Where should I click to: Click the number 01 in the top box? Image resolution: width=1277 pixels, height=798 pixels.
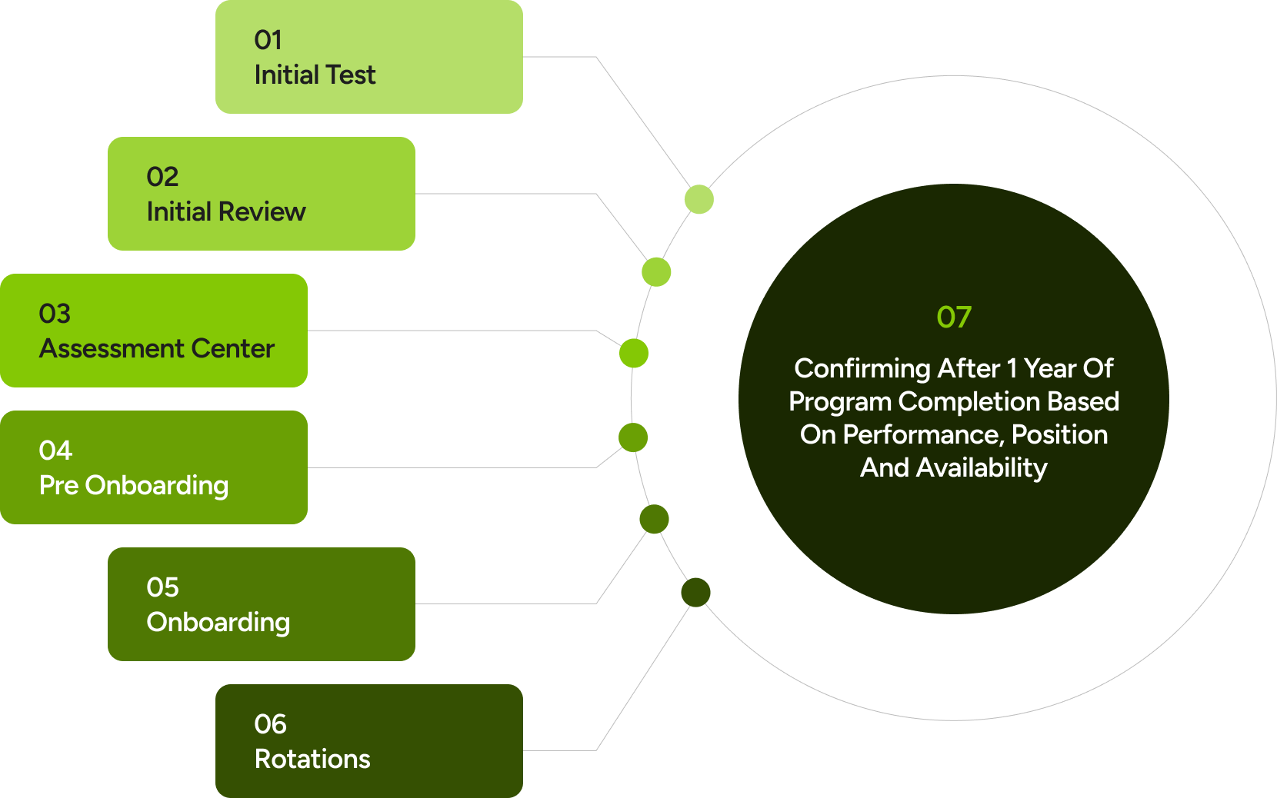pyautogui.click(x=268, y=40)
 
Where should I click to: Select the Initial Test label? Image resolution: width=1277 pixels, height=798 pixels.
pyautogui.click(x=315, y=75)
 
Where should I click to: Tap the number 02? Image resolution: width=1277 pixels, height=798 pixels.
pyautogui.click(x=162, y=177)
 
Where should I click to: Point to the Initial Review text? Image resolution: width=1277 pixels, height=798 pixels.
pyautogui.click(x=226, y=212)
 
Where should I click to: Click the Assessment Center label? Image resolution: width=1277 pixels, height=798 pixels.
pyautogui.click(x=157, y=349)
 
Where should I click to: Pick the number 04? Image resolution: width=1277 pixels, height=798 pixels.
pyautogui.click(x=55, y=451)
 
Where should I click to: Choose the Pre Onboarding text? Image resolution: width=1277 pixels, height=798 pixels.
pyautogui.click(x=134, y=486)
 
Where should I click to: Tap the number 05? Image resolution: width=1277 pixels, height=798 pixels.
pyautogui.click(x=162, y=587)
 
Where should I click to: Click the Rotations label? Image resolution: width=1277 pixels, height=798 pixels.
pyautogui.click(x=312, y=760)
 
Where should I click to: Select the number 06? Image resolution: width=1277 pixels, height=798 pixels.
pyautogui.click(x=270, y=724)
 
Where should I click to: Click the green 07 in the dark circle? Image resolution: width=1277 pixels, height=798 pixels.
pyautogui.click(x=954, y=318)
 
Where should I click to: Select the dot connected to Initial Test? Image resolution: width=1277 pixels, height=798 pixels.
pyautogui.click(x=699, y=200)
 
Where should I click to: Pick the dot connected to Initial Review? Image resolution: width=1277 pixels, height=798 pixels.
pyautogui.click(x=656, y=272)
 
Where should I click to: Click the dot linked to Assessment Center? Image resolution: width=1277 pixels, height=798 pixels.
pyautogui.click(x=634, y=354)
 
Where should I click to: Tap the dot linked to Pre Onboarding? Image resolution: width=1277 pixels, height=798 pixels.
pyautogui.click(x=633, y=438)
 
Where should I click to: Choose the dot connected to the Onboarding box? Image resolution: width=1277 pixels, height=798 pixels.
pyautogui.click(x=654, y=520)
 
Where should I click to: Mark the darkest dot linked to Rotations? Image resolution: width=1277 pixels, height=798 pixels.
pyautogui.click(x=695, y=593)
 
